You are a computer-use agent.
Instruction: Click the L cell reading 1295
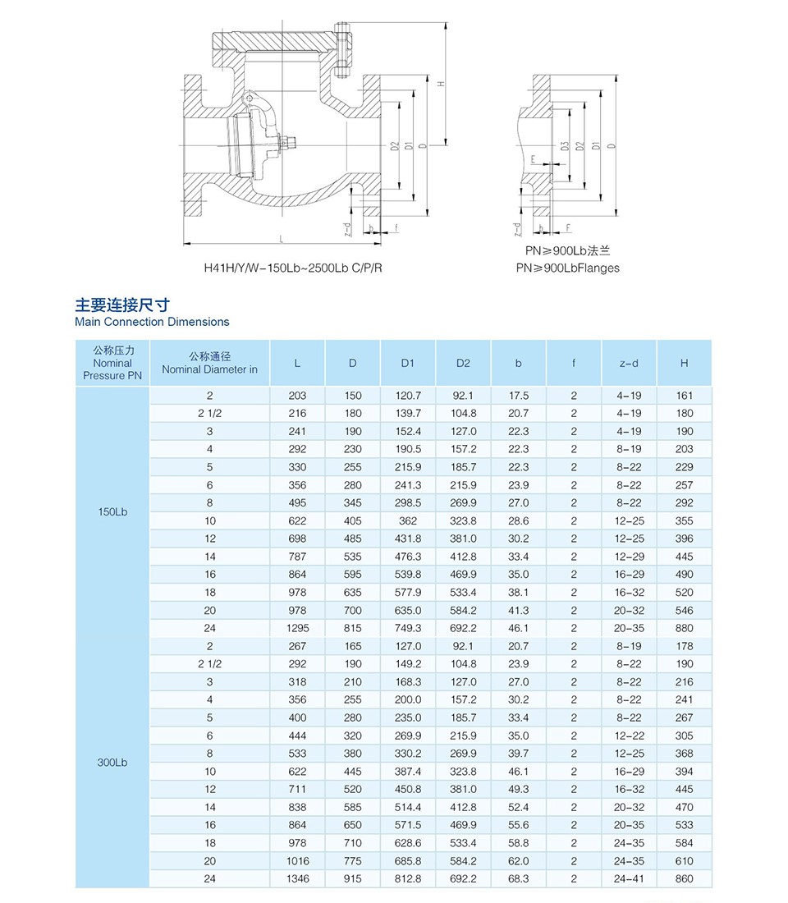[x=297, y=628]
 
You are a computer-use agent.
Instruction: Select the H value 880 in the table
[x=684, y=628]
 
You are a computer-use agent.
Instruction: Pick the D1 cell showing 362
[x=408, y=520]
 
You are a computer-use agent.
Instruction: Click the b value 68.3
[x=519, y=878]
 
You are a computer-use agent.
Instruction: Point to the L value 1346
[x=297, y=878]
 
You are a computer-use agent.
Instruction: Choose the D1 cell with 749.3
[x=408, y=628]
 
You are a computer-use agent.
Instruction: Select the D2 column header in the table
[x=464, y=363]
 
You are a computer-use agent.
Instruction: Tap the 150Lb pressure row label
[x=112, y=512]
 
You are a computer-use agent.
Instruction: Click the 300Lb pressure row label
[x=112, y=762]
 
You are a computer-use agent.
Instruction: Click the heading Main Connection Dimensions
[x=152, y=322]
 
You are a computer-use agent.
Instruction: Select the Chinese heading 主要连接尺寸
[x=122, y=305]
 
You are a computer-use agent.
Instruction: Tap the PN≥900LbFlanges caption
[x=568, y=268]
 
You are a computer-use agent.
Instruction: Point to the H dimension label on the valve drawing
[x=440, y=84]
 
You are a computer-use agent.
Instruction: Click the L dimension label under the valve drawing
[x=281, y=239]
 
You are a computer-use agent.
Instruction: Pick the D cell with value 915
[x=352, y=878]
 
